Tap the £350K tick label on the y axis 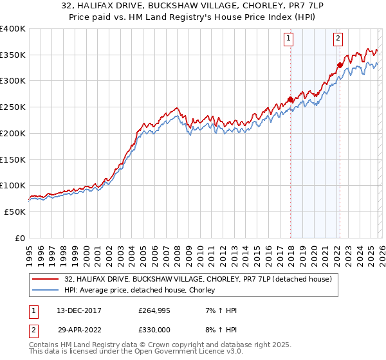pos(12,55)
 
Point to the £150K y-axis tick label pos(12,159)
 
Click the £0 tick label pos(20,238)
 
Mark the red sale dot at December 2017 pos(290,99)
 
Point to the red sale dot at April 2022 pos(340,65)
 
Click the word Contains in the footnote pos(44,345)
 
